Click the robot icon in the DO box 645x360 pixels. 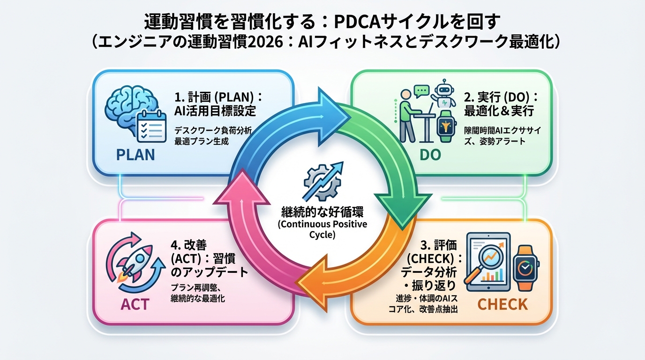pos(444,95)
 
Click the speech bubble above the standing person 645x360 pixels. pos(421,89)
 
